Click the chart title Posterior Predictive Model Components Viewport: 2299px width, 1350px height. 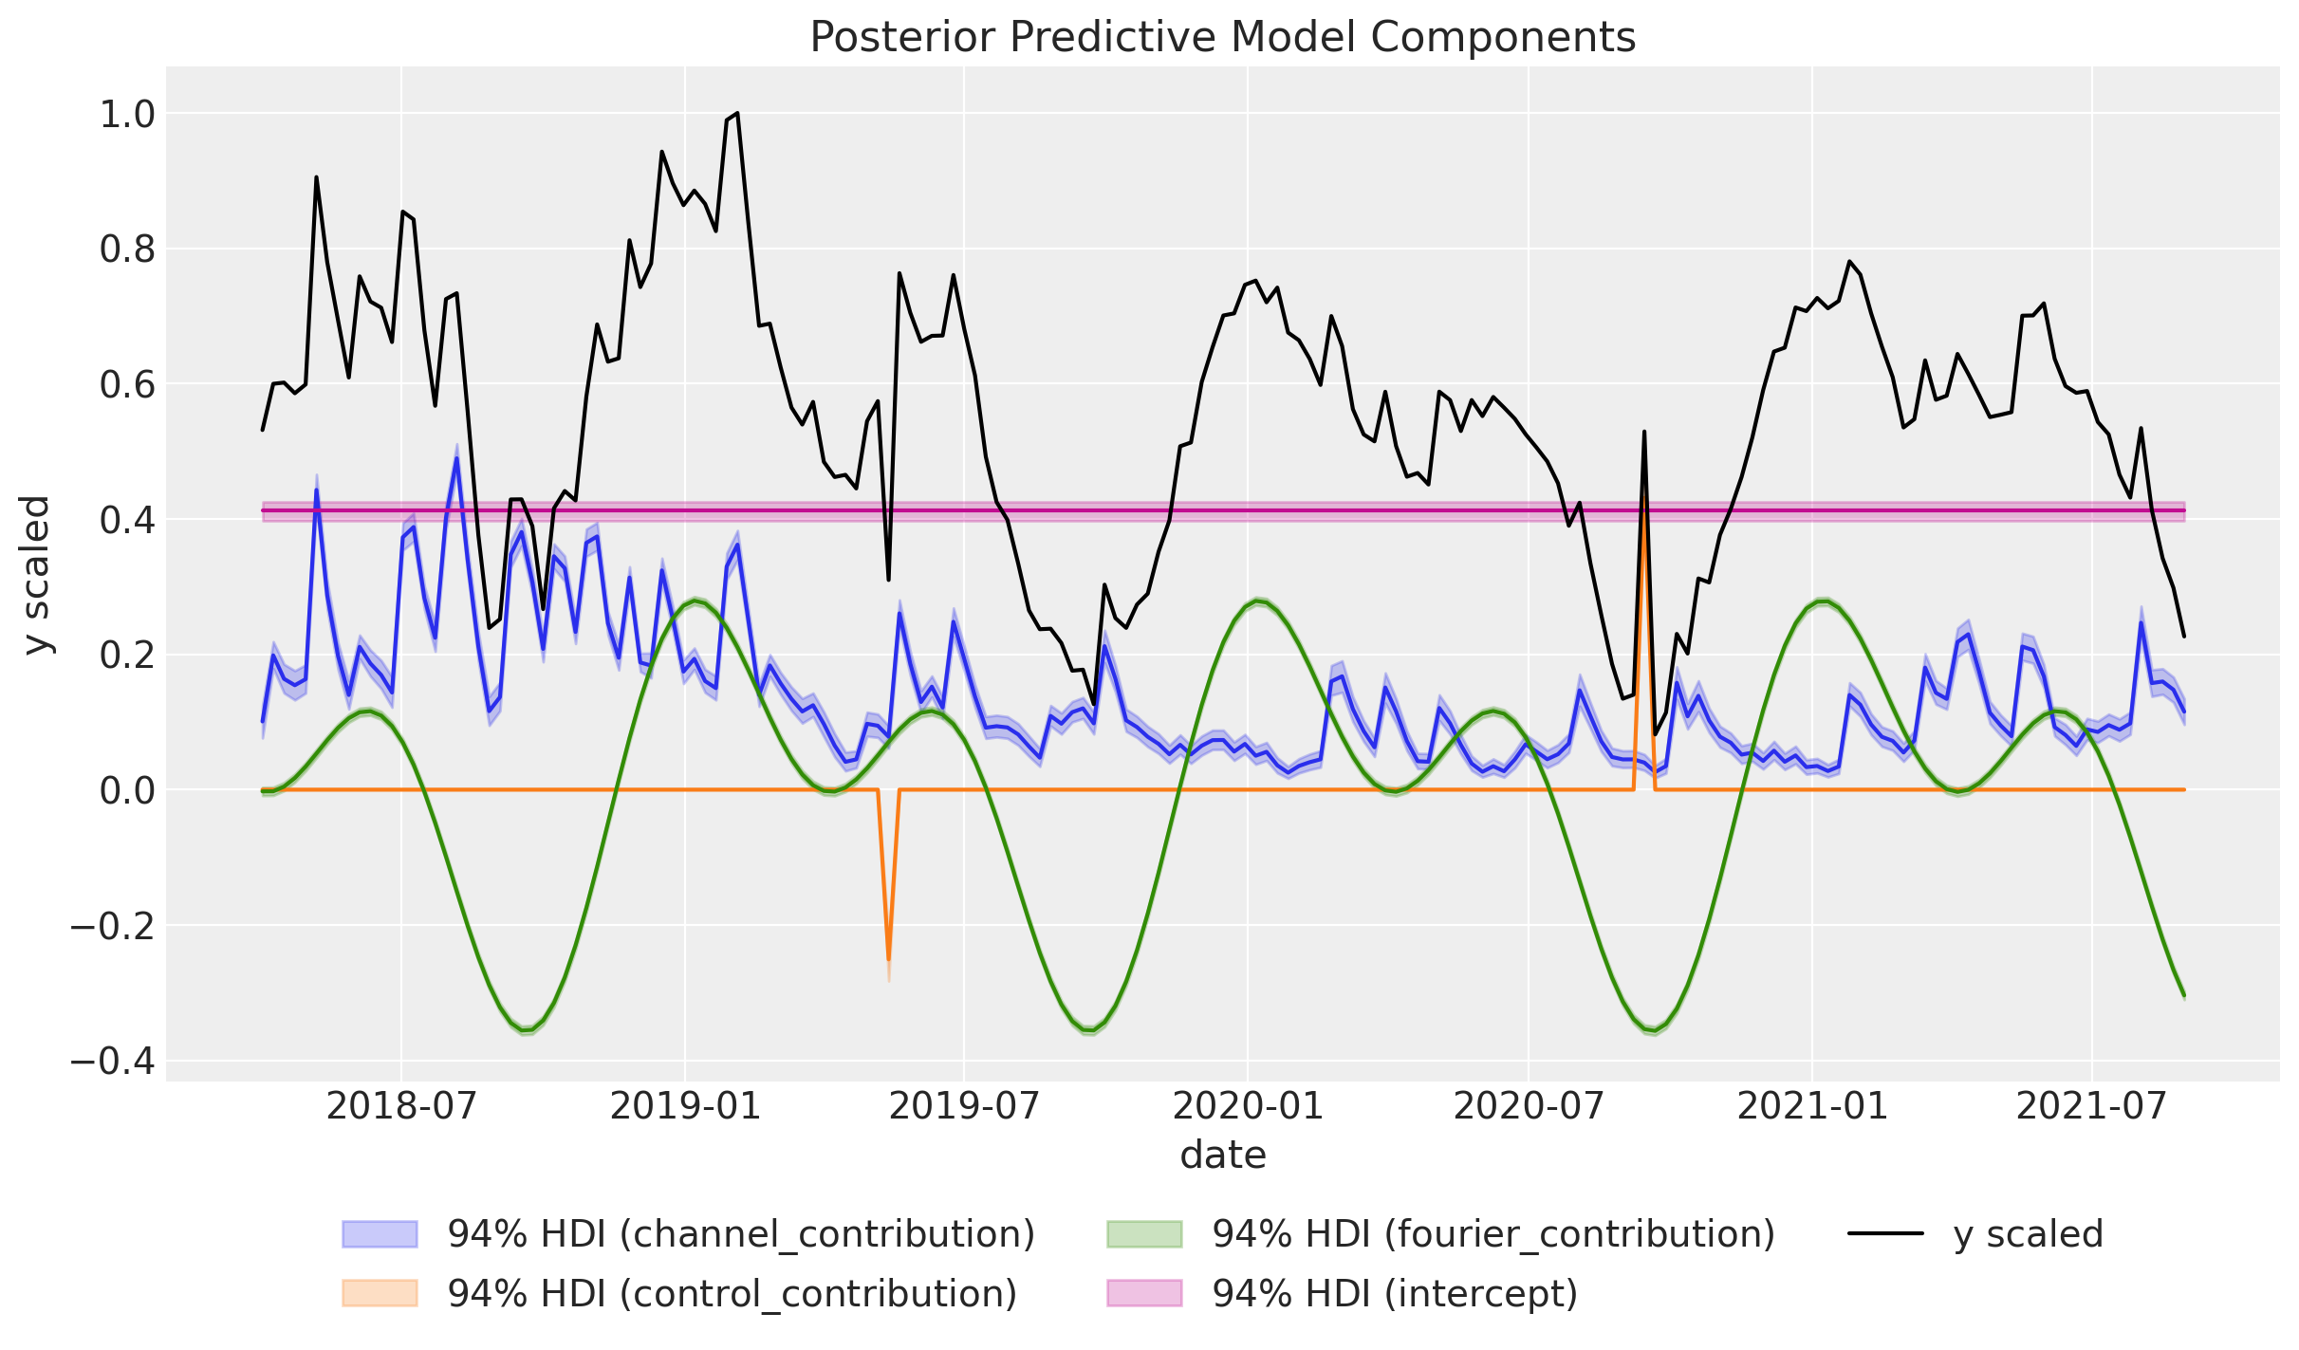click(1222, 38)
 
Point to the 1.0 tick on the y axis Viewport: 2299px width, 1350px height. click(127, 114)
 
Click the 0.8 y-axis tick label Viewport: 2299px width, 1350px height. click(127, 250)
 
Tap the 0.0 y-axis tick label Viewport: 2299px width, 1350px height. click(127, 790)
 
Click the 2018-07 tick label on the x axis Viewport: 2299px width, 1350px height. click(400, 1106)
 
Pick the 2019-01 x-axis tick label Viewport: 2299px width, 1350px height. click(684, 1106)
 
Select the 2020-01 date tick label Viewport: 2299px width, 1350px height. click(1247, 1106)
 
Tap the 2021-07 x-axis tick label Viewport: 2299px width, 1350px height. click(2091, 1106)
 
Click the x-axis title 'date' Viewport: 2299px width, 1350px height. click(1222, 1156)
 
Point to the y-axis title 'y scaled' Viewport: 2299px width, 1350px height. click(36, 574)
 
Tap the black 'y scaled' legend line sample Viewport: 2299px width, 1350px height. click(1885, 1234)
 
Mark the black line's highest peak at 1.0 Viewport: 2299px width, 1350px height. click(737, 114)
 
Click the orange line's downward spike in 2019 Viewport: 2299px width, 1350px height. click(888, 958)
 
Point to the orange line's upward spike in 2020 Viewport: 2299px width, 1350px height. click(1643, 517)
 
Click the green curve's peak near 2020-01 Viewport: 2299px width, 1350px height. click(1258, 601)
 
